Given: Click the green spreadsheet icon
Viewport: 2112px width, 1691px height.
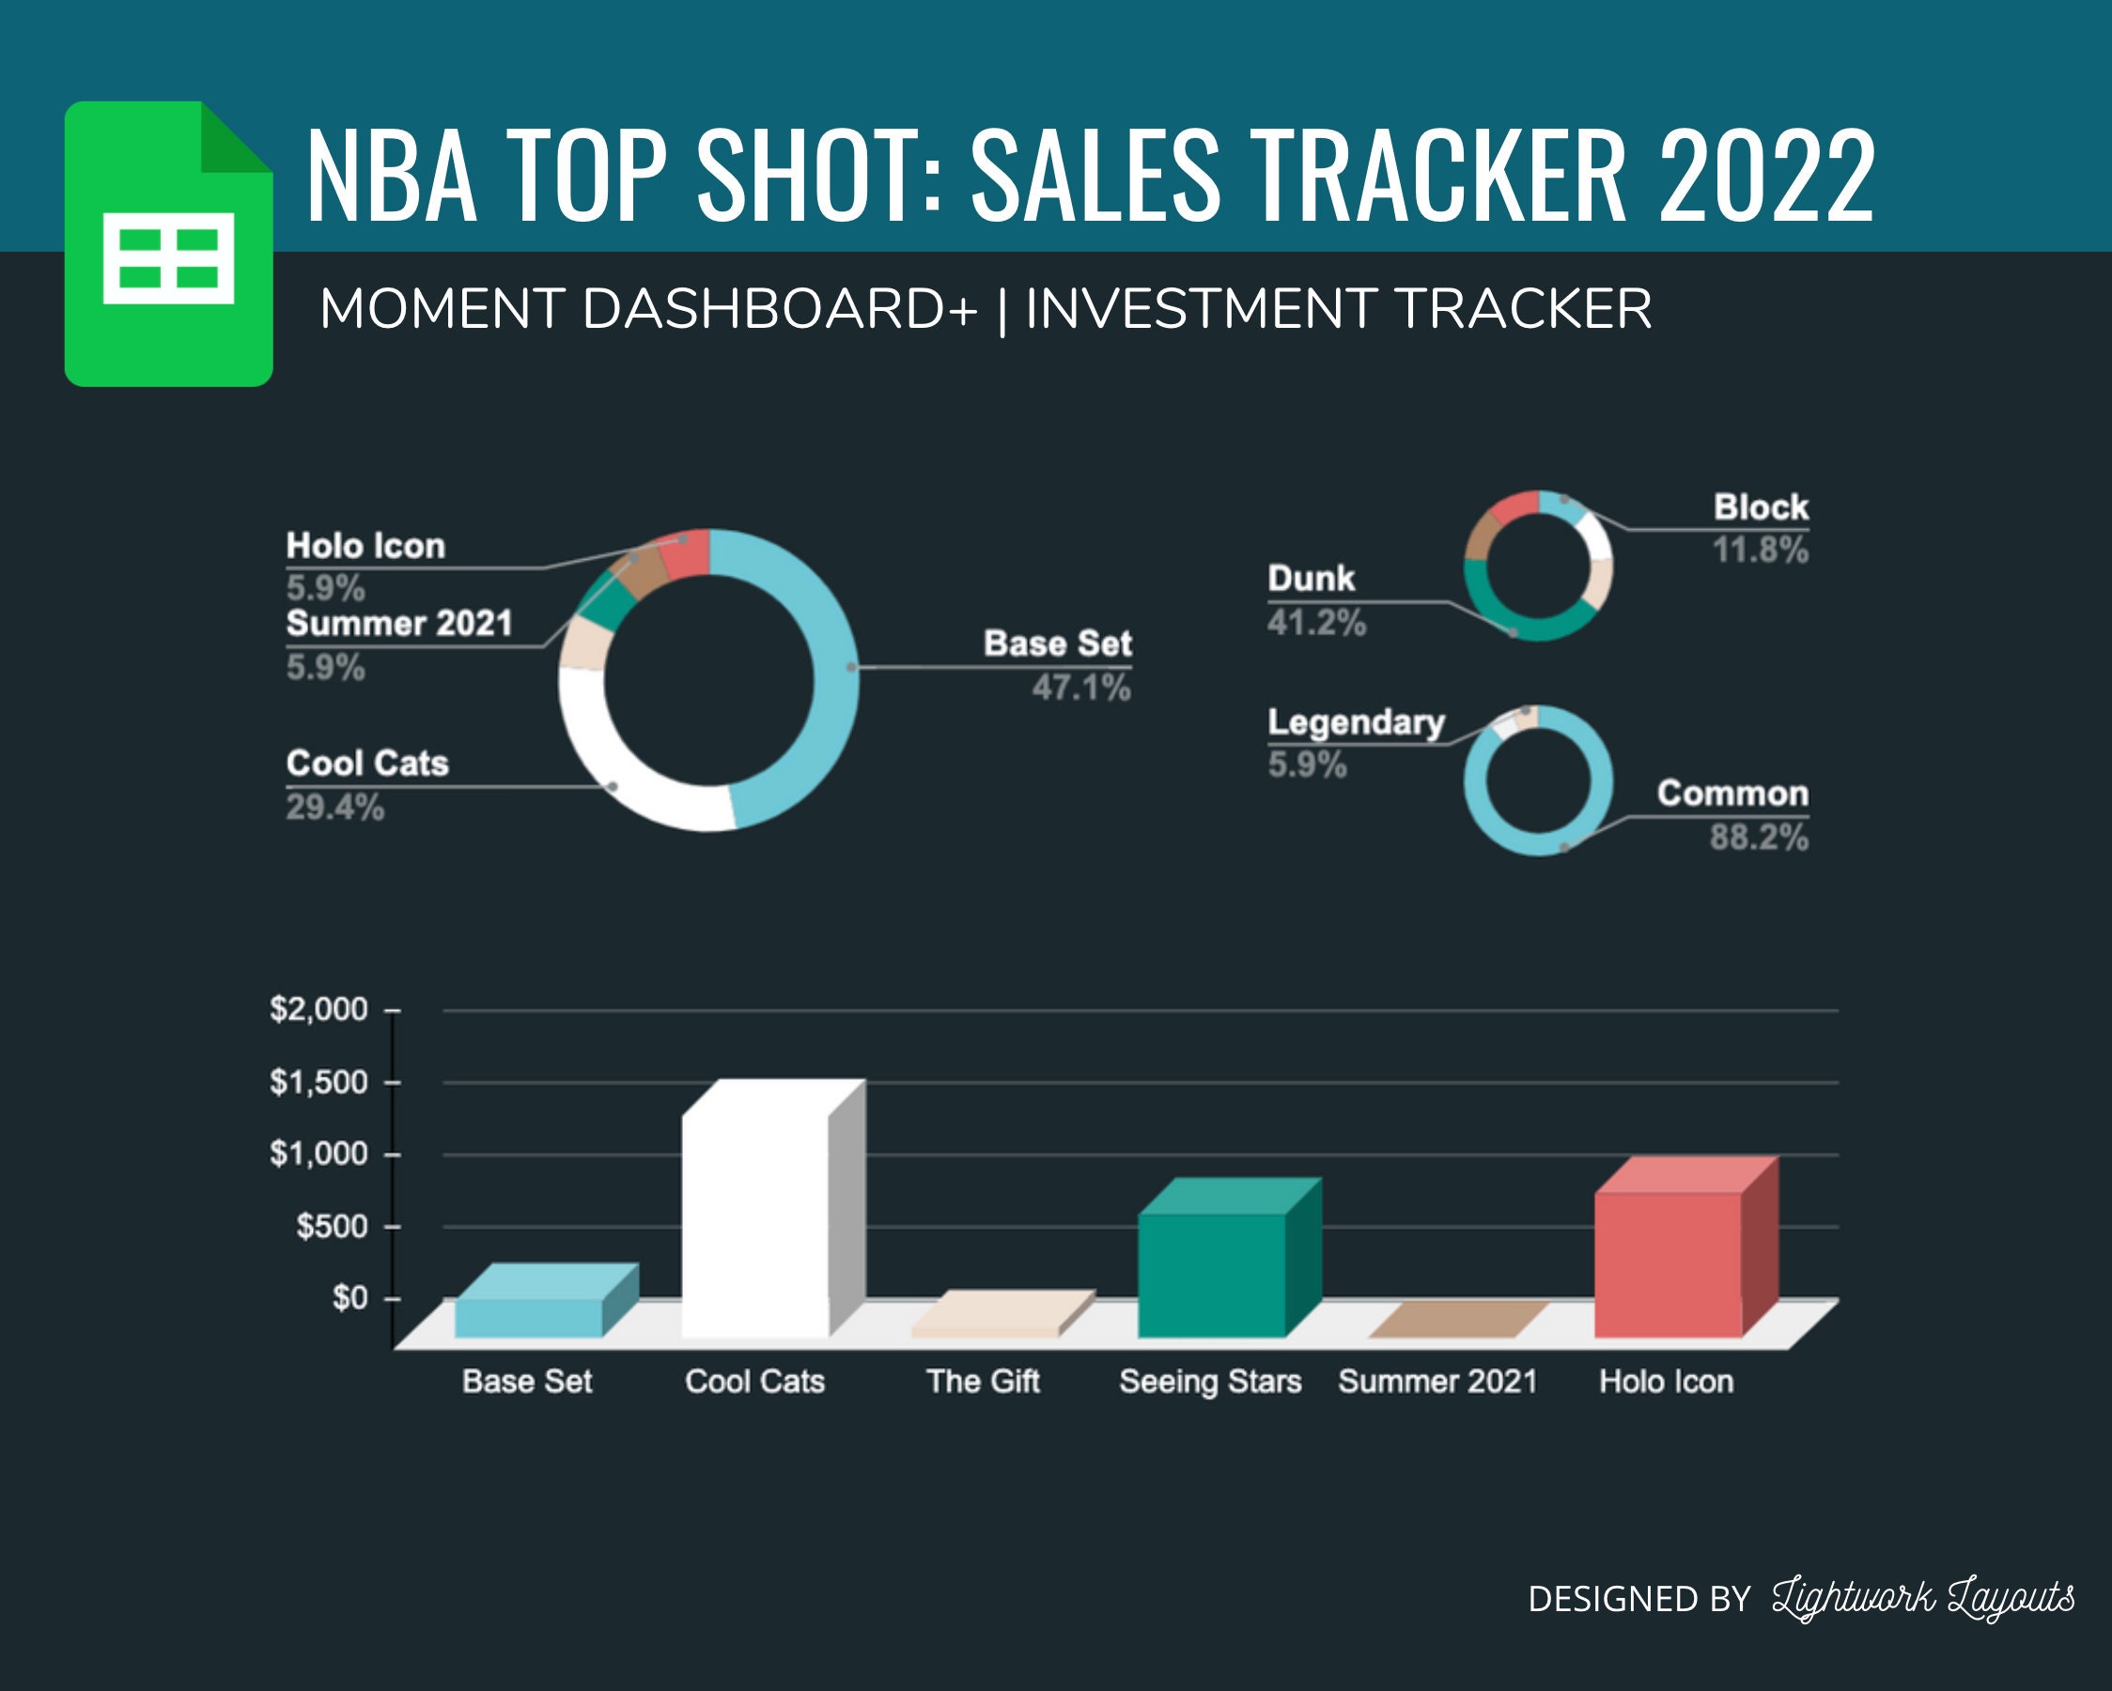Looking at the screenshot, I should point(168,245).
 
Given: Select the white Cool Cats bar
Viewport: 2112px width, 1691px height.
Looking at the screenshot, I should point(755,1225).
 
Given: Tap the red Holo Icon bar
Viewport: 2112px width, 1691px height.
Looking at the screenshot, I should point(1668,1264).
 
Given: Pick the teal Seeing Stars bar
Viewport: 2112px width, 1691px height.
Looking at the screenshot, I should point(1212,1274).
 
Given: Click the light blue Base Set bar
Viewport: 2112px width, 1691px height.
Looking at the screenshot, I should point(529,1317).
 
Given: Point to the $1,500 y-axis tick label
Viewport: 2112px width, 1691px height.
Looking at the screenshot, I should point(318,1082).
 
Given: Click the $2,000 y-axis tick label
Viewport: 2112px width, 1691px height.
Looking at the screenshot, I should point(318,1009).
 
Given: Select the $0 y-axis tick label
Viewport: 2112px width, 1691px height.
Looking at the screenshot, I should point(349,1298).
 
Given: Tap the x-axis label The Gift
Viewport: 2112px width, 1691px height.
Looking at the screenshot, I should point(983,1381).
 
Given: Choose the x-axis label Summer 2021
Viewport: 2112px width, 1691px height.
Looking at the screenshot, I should point(1438,1381).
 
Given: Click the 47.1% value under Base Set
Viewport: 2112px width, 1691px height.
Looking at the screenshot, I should point(1080,688).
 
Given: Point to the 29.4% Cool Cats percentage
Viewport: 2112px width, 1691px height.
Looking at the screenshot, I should point(335,807).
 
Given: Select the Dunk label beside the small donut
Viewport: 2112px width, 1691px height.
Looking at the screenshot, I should point(1311,578).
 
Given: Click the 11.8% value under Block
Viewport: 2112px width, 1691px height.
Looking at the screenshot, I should point(1760,550).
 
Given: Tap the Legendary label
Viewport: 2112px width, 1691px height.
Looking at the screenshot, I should point(1356,722).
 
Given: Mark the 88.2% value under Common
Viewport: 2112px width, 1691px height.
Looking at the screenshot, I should point(1759,838).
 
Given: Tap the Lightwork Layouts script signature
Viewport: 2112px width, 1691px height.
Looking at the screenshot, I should point(1922,1599).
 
